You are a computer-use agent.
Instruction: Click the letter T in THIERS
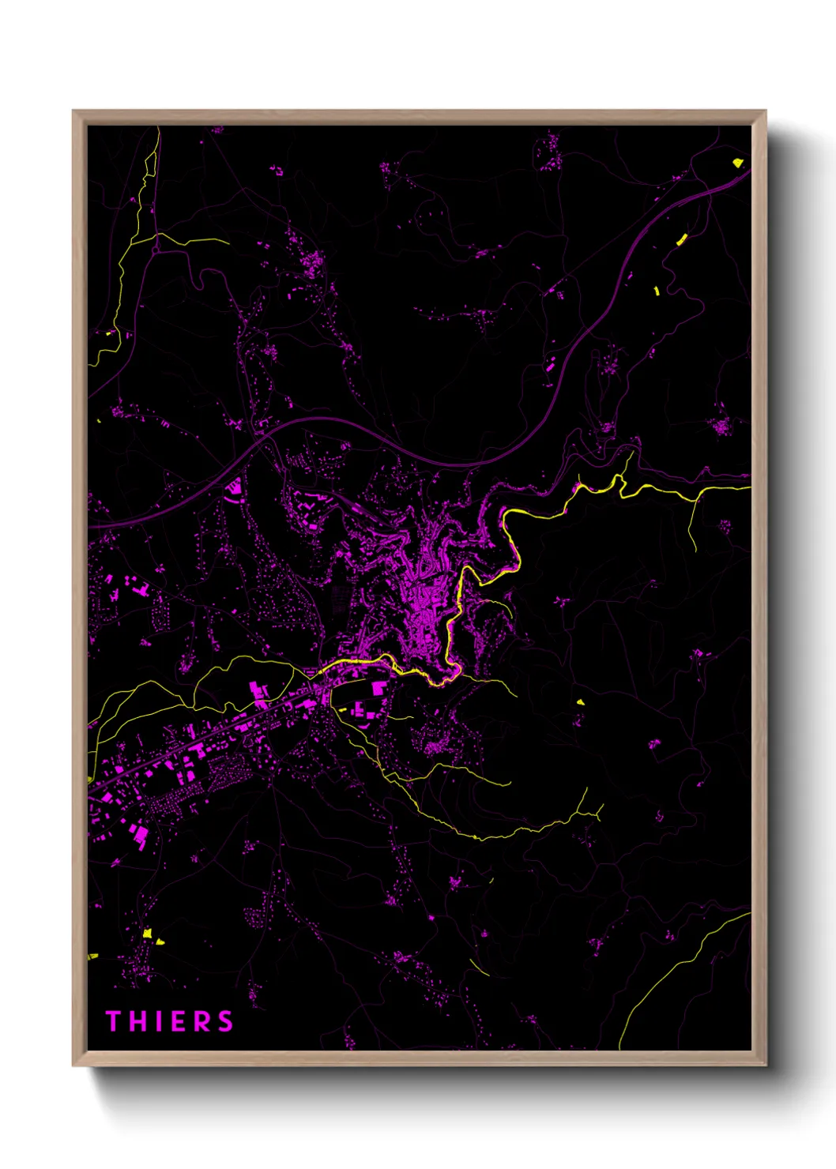(112, 1021)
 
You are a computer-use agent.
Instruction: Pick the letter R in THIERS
(201, 1021)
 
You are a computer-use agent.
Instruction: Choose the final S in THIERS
(226, 1021)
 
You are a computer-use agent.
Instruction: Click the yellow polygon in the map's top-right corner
(737, 163)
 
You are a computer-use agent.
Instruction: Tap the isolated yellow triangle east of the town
(581, 701)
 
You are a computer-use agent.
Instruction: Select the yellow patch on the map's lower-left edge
(92, 957)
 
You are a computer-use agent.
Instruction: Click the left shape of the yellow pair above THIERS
(147, 933)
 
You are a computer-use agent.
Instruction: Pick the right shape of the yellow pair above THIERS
(160, 942)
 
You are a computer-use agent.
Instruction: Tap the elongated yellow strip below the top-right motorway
(682, 239)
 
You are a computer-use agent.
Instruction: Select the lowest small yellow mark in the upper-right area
(657, 291)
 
